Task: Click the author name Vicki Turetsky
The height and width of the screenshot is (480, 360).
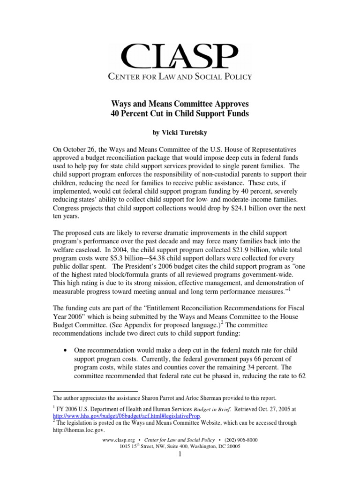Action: tap(180, 120)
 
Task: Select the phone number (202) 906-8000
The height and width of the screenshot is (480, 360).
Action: tap(239, 441)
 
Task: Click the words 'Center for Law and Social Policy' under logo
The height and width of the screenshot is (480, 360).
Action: tap(180, 76)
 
